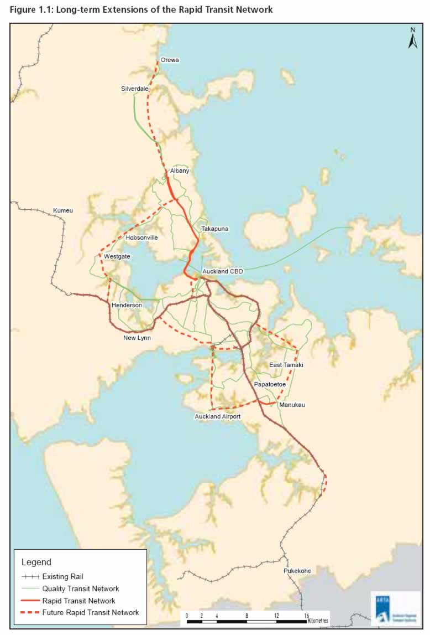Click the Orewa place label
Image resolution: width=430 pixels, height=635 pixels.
point(170,60)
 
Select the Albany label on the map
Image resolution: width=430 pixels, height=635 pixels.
point(180,171)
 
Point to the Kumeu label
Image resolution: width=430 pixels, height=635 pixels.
point(62,210)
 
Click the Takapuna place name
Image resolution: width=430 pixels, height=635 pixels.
point(215,228)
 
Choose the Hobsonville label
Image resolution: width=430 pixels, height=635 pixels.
point(141,238)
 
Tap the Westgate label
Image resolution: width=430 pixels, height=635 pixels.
point(117,256)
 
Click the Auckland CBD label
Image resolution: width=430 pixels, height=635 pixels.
point(223,271)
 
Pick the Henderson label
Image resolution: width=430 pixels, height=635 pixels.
point(126,305)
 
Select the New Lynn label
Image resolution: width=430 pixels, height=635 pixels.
point(137,337)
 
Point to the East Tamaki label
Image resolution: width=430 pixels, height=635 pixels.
point(286,365)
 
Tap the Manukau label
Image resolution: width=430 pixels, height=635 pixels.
point(292,405)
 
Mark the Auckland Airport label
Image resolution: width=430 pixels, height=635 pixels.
point(218,416)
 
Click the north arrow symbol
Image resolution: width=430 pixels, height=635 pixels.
point(412,39)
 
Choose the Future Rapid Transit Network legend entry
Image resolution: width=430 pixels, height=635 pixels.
point(91,612)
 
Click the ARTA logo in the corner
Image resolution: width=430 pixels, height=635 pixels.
point(396,608)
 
